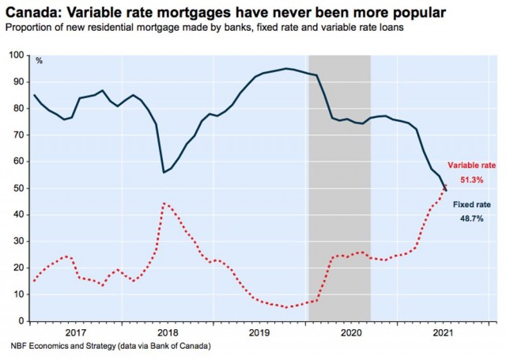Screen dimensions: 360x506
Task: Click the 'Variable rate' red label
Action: click(471, 165)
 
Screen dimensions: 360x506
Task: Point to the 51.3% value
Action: click(472, 180)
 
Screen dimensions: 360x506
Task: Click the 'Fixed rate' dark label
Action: click(470, 203)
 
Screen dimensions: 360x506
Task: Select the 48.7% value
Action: click(471, 218)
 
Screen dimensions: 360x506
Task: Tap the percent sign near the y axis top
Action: click(38, 60)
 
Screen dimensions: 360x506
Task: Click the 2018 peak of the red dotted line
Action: click(164, 203)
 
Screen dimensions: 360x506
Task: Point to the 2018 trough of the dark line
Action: click(164, 172)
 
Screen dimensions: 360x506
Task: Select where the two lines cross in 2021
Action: click(444, 187)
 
